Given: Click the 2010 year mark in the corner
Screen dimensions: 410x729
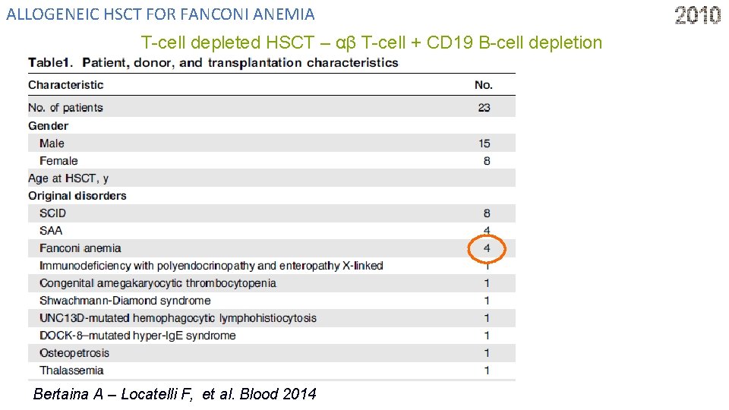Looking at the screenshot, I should (x=698, y=15).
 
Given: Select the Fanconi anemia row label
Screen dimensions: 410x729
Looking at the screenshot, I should (x=80, y=248).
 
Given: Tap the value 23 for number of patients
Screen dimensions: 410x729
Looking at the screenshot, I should (x=484, y=108).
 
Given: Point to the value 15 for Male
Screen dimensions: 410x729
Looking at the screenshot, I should (x=484, y=143).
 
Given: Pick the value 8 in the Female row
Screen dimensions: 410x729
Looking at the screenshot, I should (x=487, y=161).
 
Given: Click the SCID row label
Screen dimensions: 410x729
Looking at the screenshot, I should (x=53, y=213).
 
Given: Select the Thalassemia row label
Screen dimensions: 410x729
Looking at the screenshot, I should (x=71, y=371).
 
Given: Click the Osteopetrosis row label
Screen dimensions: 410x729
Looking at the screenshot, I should (x=74, y=353).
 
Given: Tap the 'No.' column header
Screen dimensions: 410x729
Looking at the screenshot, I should (x=484, y=85).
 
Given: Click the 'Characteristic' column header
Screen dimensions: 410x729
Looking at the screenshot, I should (x=66, y=85).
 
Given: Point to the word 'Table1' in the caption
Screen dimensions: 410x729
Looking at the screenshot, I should (x=51, y=62).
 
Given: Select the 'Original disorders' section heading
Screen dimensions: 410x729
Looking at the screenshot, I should (x=77, y=196).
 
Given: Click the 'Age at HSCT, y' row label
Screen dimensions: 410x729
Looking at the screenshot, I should (x=68, y=178).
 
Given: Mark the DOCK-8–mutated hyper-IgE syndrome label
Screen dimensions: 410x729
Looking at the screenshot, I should (x=137, y=336).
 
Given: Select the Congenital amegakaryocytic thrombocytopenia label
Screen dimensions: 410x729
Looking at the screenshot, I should (x=158, y=283).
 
